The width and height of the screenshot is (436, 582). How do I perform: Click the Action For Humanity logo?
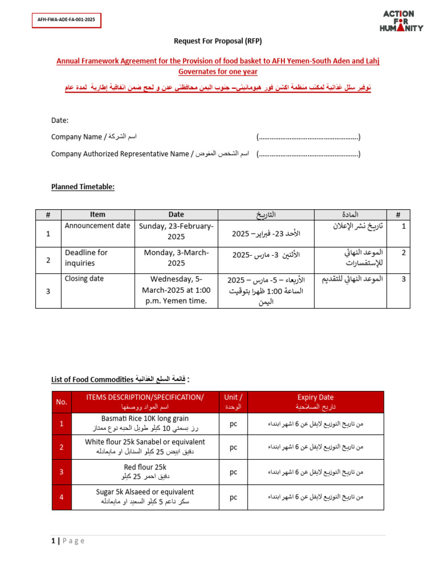pos(403,21)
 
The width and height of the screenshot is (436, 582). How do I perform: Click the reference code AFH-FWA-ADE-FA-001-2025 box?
pos(66,20)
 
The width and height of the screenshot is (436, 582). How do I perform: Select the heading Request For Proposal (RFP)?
pos(217,41)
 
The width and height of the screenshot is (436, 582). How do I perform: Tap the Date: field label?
pos(60,120)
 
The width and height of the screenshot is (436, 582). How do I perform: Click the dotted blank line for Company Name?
pos(308,137)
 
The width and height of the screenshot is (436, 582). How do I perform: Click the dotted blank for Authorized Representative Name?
pos(308,154)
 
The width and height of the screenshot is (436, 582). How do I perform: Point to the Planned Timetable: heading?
pos(83,186)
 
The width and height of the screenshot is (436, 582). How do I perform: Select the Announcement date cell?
pos(97,226)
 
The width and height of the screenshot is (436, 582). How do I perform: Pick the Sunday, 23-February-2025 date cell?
pos(176,231)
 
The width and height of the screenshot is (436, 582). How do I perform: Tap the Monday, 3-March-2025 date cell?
pos(176,258)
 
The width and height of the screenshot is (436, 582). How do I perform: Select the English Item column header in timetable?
pos(98,214)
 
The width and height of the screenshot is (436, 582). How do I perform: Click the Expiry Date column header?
pos(316,402)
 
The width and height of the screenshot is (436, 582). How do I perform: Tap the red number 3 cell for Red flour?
pos(62,472)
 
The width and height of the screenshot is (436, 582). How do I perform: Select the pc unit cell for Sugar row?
pos(233,497)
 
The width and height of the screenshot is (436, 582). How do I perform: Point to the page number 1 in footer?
pos(53,541)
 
